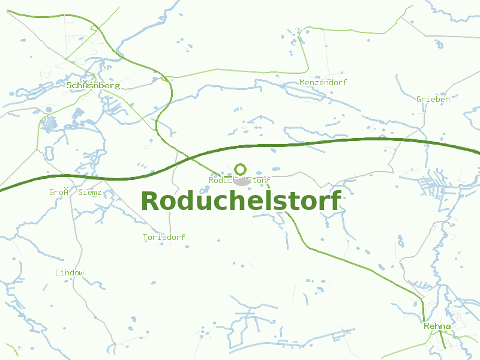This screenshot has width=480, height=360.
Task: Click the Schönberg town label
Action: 93,85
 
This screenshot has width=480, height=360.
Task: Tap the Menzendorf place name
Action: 323,82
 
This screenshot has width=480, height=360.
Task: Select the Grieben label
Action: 433,99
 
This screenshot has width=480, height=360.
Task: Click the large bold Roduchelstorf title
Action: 241,201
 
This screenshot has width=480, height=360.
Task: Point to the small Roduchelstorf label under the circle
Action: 239,180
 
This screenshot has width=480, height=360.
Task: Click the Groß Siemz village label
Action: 75,192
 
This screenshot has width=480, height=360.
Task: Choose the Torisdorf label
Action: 164,237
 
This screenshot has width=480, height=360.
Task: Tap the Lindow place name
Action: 70,272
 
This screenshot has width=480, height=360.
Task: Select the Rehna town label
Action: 437,326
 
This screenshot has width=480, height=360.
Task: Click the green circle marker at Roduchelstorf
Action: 240,169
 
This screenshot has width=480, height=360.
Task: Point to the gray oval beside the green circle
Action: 243,181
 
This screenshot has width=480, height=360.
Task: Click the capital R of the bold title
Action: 151,201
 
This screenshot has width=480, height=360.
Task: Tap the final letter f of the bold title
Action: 335,201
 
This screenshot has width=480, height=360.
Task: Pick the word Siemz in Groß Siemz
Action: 89,192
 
